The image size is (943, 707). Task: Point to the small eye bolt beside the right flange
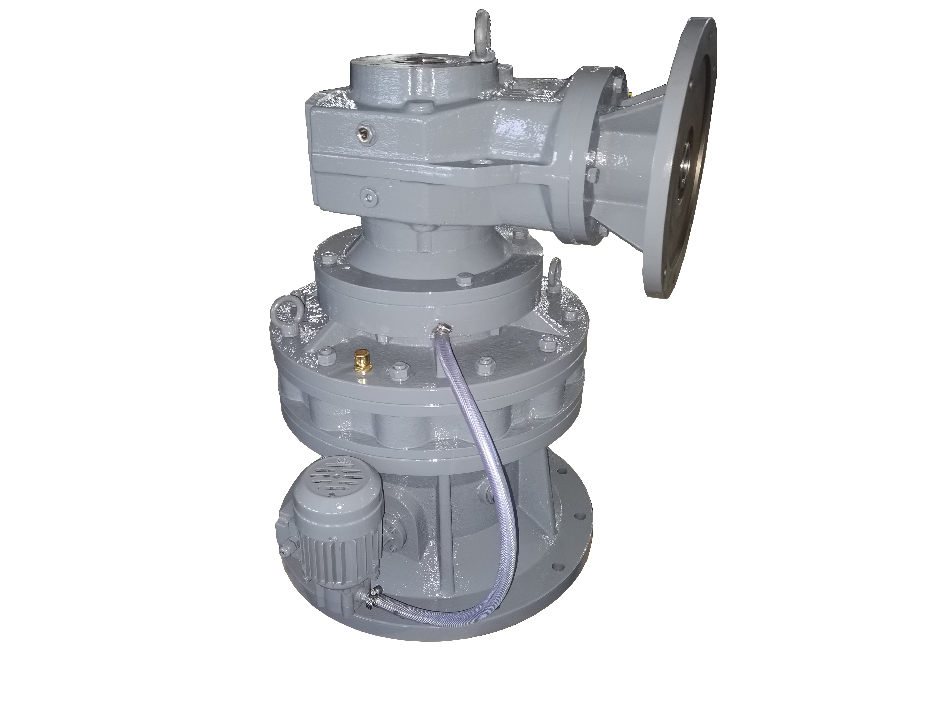(x=554, y=276)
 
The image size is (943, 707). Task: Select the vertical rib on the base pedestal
(x=443, y=533)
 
